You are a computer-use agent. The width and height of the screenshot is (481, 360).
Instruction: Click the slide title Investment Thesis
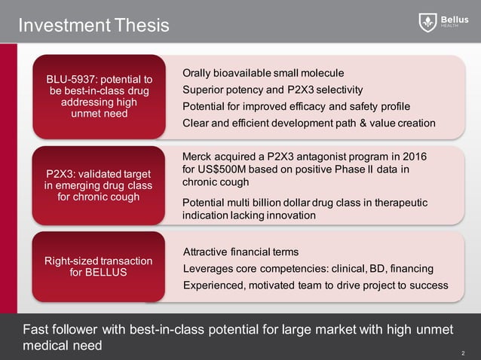click(x=93, y=26)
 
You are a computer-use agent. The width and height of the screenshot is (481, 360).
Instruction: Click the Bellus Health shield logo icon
click(x=427, y=23)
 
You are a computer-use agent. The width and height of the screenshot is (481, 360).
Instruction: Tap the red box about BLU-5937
click(x=100, y=96)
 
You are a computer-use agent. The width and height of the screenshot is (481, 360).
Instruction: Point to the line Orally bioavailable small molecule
click(x=263, y=73)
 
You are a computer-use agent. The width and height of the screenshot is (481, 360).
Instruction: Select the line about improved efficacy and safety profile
click(x=296, y=105)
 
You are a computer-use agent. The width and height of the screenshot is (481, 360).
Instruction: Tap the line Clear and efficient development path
click(x=309, y=123)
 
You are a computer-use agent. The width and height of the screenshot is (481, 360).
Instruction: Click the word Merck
click(x=199, y=157)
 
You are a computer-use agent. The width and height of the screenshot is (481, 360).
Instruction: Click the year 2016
click(x=412, y=157)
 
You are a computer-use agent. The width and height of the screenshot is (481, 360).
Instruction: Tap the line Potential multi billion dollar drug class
click(x=305, y=203)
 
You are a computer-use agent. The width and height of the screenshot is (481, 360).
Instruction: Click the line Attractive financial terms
click(x=241, y=252)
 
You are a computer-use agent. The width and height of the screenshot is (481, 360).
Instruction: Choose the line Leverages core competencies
click(x=308, y=269)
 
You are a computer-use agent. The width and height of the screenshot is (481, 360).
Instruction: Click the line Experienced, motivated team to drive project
click(x=315, y=285)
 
